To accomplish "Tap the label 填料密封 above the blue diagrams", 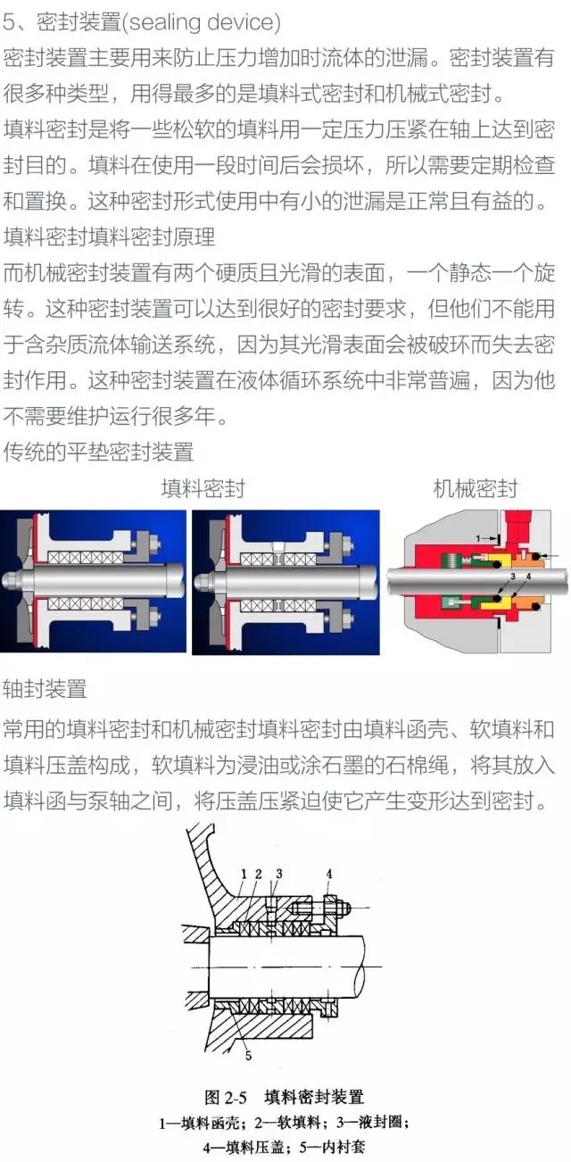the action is click(203, 489).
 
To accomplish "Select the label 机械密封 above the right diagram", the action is click(476, 489).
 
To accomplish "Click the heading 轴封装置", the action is click(46, 689).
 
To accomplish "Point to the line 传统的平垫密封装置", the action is click(98, 452).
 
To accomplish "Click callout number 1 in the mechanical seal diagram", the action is click(478, 538).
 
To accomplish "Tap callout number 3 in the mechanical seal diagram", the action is click(513, 577).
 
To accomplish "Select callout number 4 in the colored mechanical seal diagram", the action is click(528, 577).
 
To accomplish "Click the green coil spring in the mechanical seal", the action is click(451, 560).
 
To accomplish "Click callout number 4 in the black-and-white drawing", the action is click(329, 874).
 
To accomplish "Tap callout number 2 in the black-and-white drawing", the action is click(258, 874).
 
